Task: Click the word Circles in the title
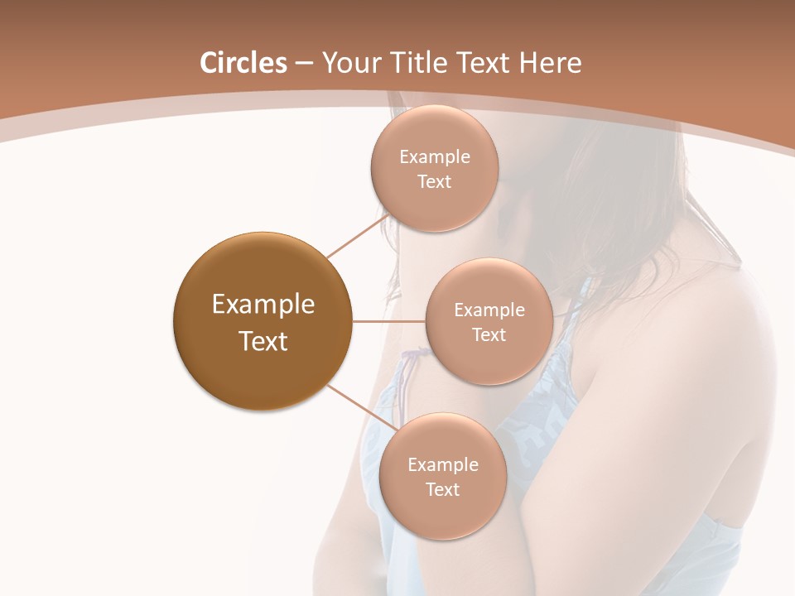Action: [x=243, y=63]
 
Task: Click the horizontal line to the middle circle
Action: [x=389, y=321]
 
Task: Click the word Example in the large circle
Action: [x=263, y=305]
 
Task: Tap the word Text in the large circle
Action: [x=263, y=341]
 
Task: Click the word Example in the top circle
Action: [x=435, y=157]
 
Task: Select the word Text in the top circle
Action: [x=435, y=181]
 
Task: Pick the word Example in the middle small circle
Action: [x=489, y=310]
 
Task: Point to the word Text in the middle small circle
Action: [x=489, y=334]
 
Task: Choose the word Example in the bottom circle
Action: [x=443, y=465]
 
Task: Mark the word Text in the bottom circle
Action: [x=443, y=489]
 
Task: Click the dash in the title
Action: [x=304, y=63]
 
